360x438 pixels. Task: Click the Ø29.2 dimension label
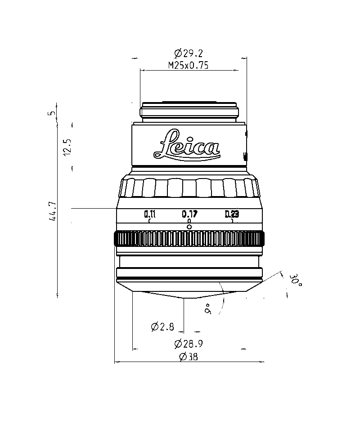coord(189,53)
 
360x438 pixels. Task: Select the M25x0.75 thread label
coord(189,65)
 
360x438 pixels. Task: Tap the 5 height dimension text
coord(52,113)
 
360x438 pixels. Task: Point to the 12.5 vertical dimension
coord(68,147)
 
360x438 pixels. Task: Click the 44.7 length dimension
coord(53,211)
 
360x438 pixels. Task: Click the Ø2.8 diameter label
coord(162,326)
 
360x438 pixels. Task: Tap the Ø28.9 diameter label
coord(189,344)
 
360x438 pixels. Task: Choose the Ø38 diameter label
coord(189,357)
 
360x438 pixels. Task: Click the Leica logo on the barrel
coord(187,145)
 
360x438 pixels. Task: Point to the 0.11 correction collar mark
coord(150,214)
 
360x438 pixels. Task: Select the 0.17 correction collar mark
coord(190,214)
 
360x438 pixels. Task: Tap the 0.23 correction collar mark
coord(232,214)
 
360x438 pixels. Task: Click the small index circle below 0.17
coord(189,227)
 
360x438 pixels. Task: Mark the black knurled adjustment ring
coord(189,239)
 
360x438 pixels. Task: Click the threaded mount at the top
coord(189,112)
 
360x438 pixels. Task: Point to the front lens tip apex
coord(184,298)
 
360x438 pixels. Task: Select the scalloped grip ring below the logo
coord(189,187)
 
